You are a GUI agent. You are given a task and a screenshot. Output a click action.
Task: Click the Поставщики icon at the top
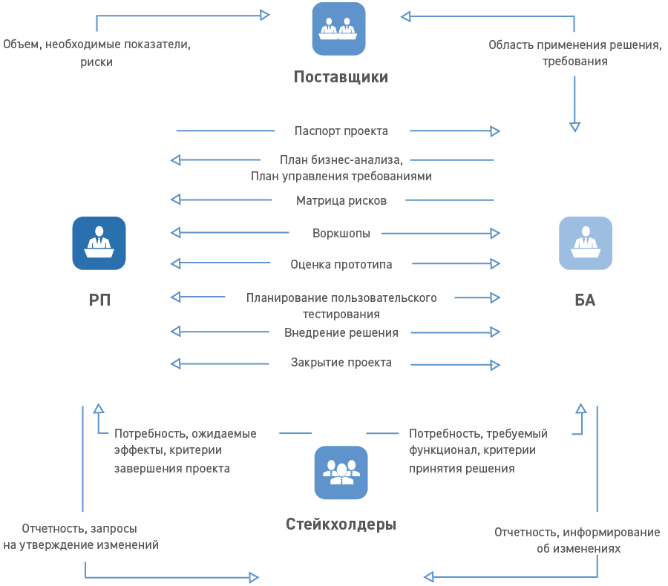(338, 29)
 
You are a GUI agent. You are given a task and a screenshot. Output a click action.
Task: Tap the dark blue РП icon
(99, 243)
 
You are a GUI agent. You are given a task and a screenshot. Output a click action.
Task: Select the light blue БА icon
(586, 243)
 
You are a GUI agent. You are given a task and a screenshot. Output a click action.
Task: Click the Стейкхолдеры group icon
(341, 473)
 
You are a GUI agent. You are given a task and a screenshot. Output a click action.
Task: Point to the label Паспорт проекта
(341, 131)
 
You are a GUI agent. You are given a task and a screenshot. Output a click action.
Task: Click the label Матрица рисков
(341, 200)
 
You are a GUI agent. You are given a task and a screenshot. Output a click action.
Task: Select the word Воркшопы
(341, 233)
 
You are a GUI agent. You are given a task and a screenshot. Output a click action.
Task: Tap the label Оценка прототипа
(341, 264)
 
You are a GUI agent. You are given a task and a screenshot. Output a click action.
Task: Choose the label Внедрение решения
(341, 332)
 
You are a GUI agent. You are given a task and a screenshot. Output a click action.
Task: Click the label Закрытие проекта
(341, 363)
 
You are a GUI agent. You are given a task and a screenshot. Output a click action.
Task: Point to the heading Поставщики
(341, 77)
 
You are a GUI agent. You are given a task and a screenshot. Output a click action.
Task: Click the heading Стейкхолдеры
(341, 524)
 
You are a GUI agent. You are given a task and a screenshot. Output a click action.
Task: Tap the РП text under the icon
(99, 300)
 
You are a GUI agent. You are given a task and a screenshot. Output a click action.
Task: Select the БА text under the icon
(585, 300)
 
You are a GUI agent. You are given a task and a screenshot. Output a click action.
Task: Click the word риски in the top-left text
(96, 62)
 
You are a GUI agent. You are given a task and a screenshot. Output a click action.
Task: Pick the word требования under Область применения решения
(575, 62)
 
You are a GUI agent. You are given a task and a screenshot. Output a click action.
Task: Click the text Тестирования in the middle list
(341, 315)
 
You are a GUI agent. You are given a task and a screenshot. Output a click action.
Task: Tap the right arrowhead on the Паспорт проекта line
(495, 131)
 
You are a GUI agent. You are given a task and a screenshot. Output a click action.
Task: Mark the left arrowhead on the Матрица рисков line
(175, 200)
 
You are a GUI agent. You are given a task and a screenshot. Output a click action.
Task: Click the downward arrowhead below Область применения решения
(575, 127)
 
